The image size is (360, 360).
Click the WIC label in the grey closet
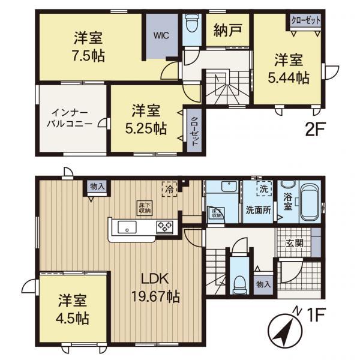point(161,35)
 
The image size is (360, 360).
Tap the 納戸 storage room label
point(227,30)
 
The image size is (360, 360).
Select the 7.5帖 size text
point(88,56)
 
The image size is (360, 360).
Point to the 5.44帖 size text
point(289,77)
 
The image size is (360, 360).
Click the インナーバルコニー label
point(70,119)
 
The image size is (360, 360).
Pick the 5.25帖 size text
point(146,128)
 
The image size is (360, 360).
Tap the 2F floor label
point(315,130)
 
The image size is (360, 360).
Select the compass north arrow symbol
point(286,331)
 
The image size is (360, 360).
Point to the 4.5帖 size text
point(73,319)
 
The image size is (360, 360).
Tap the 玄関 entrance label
point(294,243)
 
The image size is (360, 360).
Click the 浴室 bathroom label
point(287,202)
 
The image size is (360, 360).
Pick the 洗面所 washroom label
point(258,210)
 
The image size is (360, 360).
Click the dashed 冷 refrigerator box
point(169,189)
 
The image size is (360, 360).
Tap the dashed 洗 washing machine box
point(264,188)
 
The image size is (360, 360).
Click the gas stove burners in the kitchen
point(164,227)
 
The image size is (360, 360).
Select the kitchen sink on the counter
point(127,227)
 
